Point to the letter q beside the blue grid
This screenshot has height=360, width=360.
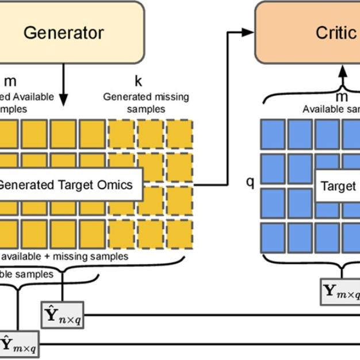(250, 183)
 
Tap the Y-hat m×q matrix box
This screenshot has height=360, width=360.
(20, 344)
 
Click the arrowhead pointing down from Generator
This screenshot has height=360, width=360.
(64, 106)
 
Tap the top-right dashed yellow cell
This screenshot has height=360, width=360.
(180, 134)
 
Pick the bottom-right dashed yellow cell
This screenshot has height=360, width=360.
(180, 233)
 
